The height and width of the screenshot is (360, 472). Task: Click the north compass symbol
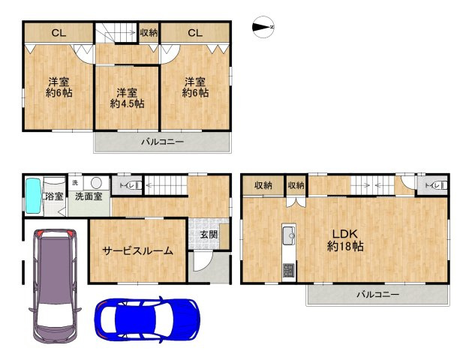pyautogui.click(x=263, y=27)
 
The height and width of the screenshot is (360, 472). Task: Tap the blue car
pyautogui.click(x=148, y=319)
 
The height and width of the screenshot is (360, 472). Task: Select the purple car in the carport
pyautogui.click(x=55, y=286)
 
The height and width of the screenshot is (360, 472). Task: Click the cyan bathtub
pyautogui.click(x=33, y=196)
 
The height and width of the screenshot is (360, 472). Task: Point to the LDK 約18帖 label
pyautogui.click(x=345, y=240)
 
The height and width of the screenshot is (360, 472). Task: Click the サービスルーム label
pyautogui.click(x=137, y=250)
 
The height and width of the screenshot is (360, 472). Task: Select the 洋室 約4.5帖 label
pyautogui.click(x=127, y=98)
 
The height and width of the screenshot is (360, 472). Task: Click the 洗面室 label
pyautogui.click(x=89, y=196)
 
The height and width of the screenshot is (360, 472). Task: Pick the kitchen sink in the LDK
pyautogui.click(x=289, y=232)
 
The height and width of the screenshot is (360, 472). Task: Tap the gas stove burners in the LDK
pyautogui.click(x=289, y=270)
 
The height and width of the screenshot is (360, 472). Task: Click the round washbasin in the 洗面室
pyautogui.click(x=96, y=182)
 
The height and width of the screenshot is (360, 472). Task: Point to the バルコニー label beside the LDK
pyautogui.click(x=378, y=295)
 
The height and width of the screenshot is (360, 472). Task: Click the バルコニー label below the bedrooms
pyautogui.click(x=163, y=142)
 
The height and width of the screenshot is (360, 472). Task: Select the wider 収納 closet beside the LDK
pyautogui.click(x=263, y=185)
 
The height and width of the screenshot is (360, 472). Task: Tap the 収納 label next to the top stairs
pyautogui.click(x=149, y=33)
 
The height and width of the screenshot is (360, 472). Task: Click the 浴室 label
pyautogui.click(x=54, y=196)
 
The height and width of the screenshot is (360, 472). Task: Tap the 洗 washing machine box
pyautogui.click(x=75, y=183)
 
